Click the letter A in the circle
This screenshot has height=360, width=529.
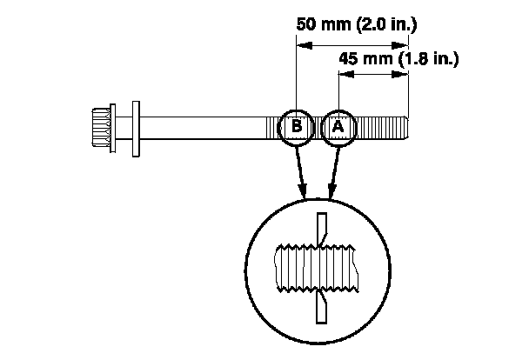tap(338, 127)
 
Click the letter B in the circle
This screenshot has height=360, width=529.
tap(298, 127)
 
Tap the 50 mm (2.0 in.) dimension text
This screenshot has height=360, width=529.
tap(352, 23)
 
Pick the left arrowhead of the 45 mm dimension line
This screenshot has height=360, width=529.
tap(342, 76)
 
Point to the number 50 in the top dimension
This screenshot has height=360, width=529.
tap(305, 23)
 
